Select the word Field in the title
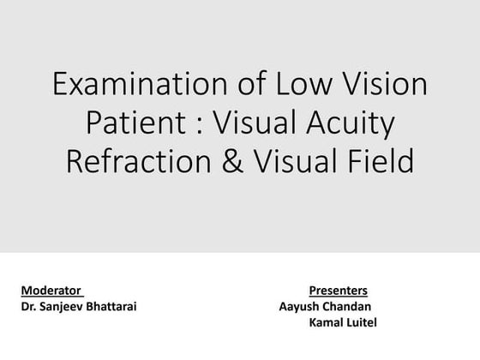382,161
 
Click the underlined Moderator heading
51,291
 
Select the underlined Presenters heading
338,291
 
